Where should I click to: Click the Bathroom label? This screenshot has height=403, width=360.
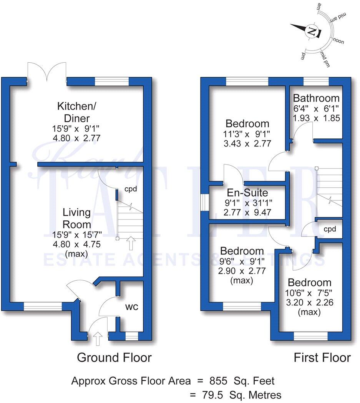click(x=316, y=98)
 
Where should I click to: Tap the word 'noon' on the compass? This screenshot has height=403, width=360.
click(x=338, y=40)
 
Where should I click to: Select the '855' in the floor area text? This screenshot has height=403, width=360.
click(x=221, y=381)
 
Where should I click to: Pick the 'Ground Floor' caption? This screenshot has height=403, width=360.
click(x=114, y=358)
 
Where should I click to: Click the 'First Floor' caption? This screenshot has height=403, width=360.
click(x=322, y=358)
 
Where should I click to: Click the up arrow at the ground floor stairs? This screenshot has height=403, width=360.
click(x=131, y=243)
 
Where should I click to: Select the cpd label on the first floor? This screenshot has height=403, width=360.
click(x=330, y=229)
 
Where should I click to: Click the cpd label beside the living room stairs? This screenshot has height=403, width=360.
click(x=131, y=189)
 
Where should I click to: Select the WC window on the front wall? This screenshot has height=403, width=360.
click(x=131, y=337)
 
